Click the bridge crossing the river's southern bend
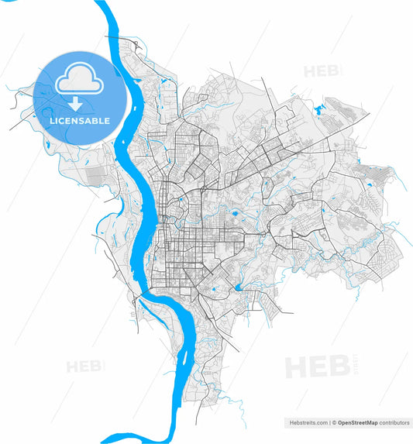(x=151, y=296)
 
